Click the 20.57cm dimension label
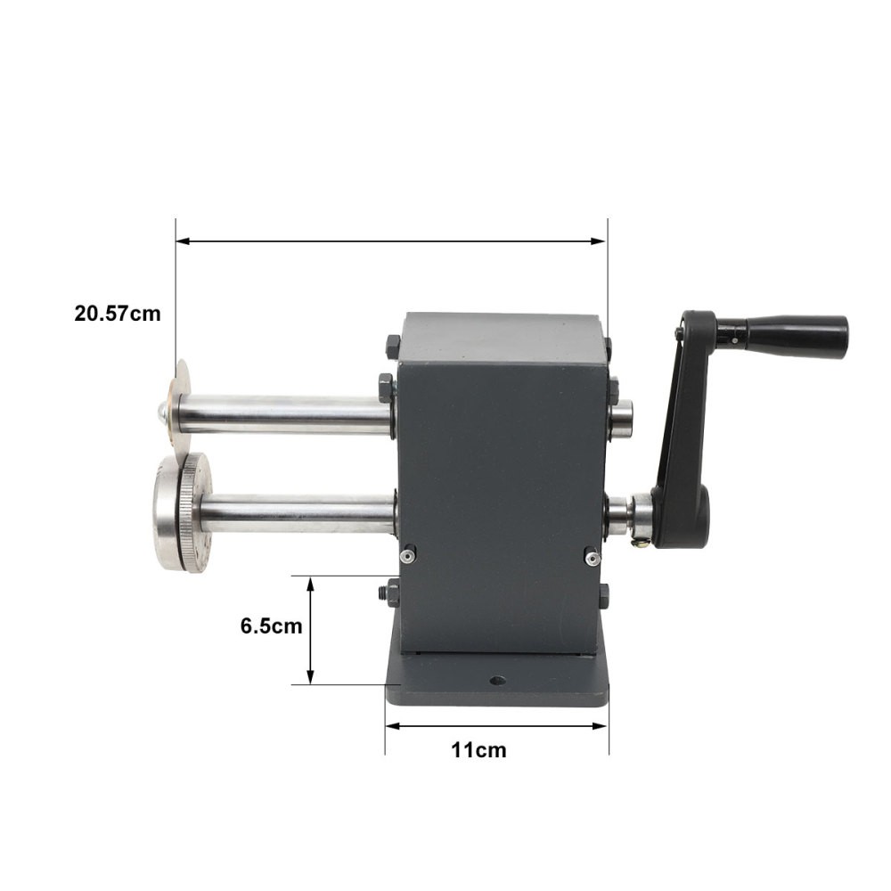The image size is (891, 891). point(118,314)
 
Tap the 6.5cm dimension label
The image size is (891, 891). point(271,625)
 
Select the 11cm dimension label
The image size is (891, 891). point(478,750)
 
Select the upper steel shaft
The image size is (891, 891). point(281,412)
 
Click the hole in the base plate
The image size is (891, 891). point(497,682)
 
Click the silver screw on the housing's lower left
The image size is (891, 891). point(406,556)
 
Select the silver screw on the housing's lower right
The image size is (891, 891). point(591,557)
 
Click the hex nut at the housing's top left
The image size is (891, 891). point(393,344)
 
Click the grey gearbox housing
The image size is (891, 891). point(499,472)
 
